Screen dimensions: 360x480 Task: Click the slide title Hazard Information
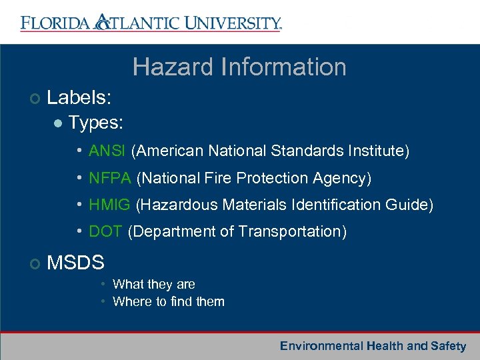[x=239, y=67]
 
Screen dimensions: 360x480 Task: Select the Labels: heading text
[x=79, y=98]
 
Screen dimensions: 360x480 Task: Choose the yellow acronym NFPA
[x=110, y=178]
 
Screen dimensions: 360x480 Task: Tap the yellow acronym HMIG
[x=109, y=205]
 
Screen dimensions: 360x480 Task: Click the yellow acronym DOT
[x=105, y=231]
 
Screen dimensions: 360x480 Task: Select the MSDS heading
[x=75, y=263]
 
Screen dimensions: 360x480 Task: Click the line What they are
[x=153, y=285]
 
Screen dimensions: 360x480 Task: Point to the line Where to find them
[x=168, y=301]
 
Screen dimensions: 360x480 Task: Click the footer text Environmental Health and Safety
[x=373, y=346]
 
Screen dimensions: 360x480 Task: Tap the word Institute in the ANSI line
[x=379, y=151]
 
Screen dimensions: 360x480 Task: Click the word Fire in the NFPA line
[x=212, y=178]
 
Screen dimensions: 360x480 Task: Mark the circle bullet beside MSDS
[x=35, y=264]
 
